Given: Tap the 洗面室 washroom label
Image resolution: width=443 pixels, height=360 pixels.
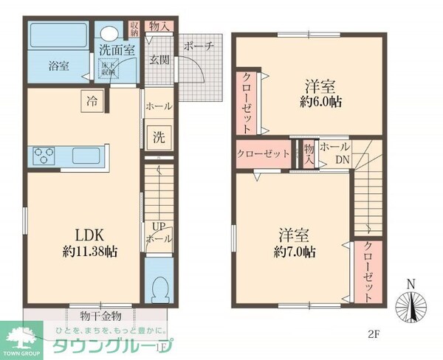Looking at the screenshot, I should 117,51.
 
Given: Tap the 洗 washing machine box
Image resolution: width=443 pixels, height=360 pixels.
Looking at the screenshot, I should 159,136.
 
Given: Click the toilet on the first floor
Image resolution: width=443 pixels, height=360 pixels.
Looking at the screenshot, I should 158,287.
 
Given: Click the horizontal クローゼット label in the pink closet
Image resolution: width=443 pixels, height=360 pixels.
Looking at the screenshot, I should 262,153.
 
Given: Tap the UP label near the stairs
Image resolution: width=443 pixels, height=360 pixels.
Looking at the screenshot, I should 158,226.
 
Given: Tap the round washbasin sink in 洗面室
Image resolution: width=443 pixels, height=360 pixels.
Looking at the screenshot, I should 109,34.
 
